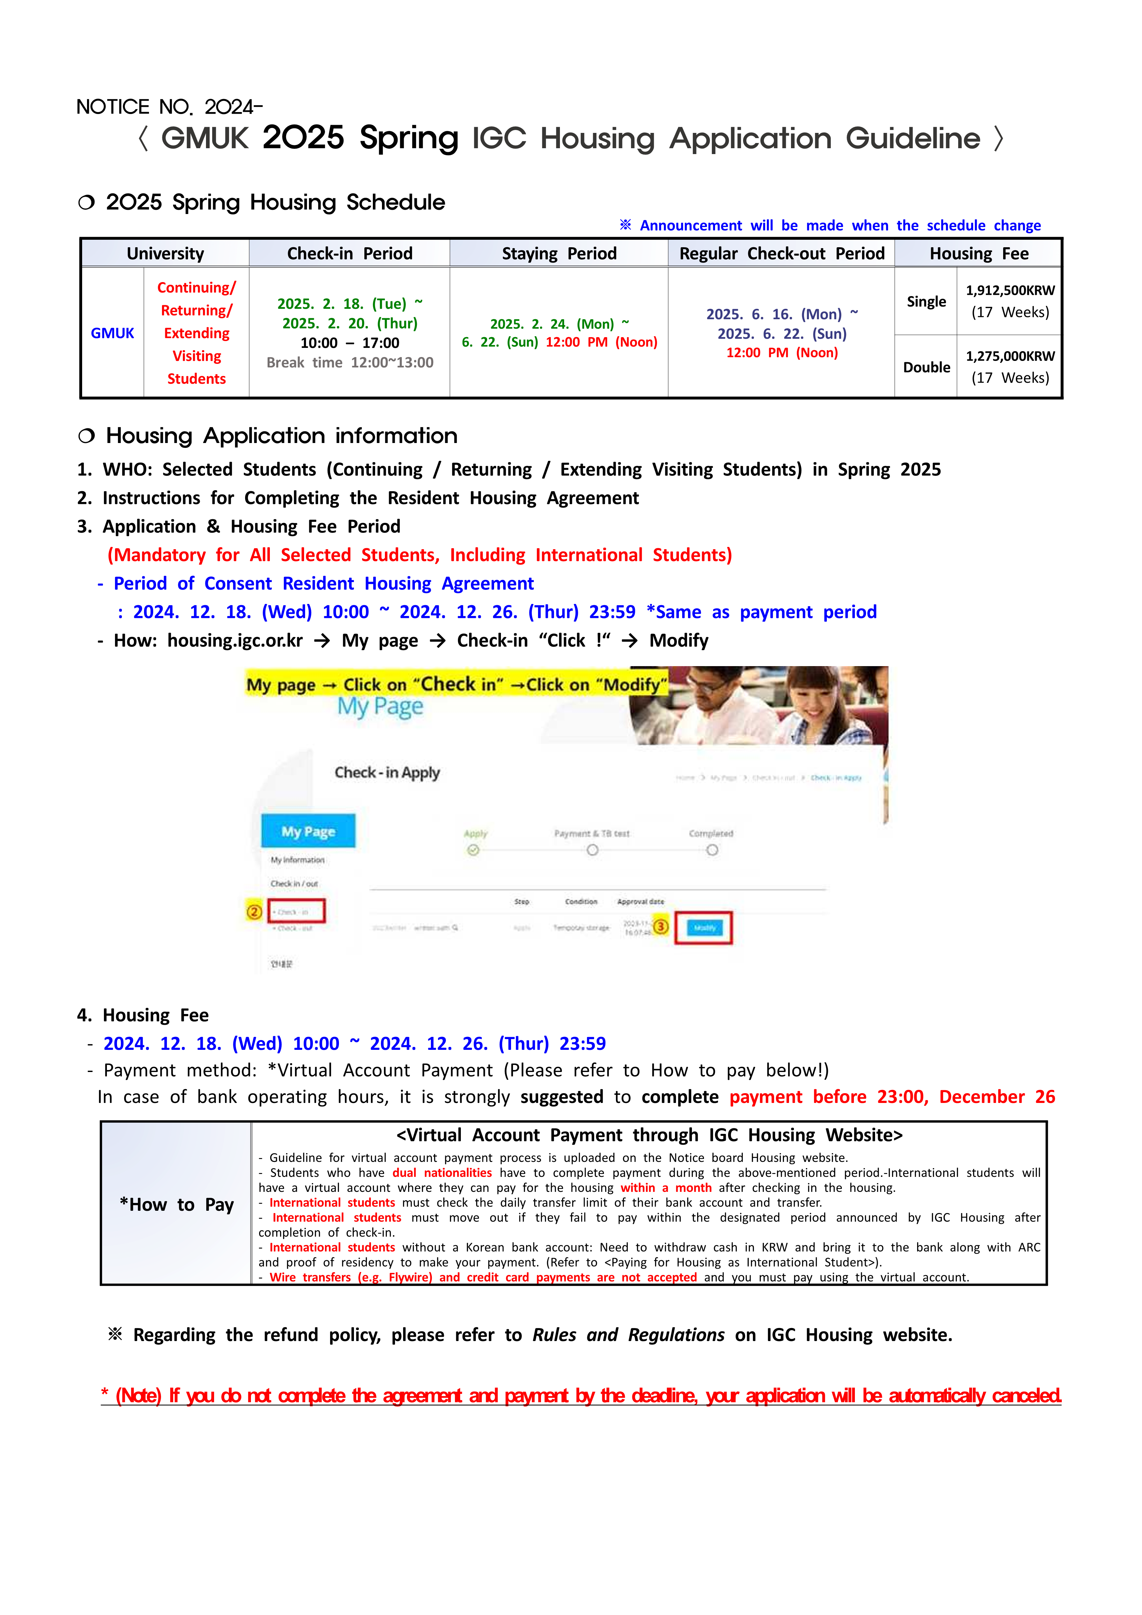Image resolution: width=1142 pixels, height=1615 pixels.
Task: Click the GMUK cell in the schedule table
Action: click(x=112, y=334)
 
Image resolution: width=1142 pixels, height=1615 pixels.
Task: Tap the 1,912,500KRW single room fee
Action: click(x=1010, y=291)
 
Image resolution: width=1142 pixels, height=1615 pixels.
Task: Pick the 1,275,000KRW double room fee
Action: click(x=1010, y=357)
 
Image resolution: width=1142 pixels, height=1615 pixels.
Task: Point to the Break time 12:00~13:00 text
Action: click(x=350, y=363)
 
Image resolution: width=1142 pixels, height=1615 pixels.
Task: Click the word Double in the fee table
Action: click(x=926, y=367)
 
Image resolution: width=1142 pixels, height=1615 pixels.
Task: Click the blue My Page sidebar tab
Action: click(x=308, y=831)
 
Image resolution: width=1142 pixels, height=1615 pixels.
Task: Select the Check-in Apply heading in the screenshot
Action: click(x=387, y=772)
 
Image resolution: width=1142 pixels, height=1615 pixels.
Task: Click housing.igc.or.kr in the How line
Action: click(x=235, y=641)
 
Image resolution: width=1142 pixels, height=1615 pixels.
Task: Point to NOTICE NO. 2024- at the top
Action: click(x=169, y=107)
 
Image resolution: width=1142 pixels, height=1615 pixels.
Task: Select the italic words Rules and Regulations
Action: click(x=628, y=1335)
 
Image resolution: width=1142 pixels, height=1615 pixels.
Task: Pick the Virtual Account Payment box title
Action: click(x=649, y=1135)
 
